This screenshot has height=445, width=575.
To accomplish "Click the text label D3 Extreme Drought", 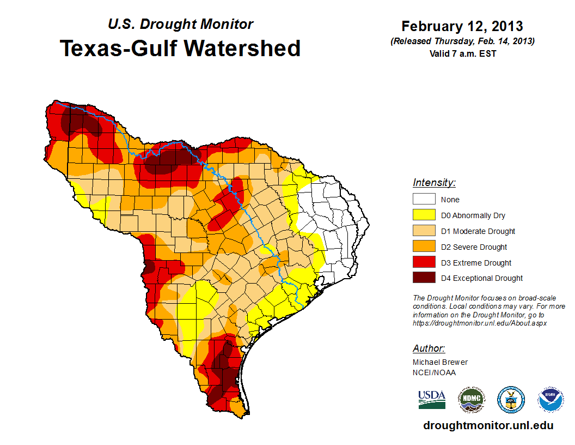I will [x=476, y=263].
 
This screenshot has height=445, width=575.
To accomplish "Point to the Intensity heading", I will [x=434, y=183].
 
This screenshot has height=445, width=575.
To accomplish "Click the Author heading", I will [x=429, y=348].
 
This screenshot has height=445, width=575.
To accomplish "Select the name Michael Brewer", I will [x=440, y=362].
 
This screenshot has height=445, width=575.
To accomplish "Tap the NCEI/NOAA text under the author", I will [x=434, y=372].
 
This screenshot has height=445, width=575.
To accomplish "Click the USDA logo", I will [x=432, y=399].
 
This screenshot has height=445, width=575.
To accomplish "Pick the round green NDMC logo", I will [x=471, y=400].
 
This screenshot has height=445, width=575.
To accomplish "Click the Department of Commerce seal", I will [x=511, y=400].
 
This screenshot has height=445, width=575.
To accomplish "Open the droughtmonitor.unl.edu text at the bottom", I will [x=488, y=425].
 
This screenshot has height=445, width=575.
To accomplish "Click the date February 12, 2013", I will [x=462, y=26].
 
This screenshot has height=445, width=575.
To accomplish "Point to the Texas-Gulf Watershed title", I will [x=180, y=48].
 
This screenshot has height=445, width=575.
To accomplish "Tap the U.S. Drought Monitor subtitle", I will [x=180, y=25].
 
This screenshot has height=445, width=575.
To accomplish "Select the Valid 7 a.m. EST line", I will [x=462, y=53].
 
